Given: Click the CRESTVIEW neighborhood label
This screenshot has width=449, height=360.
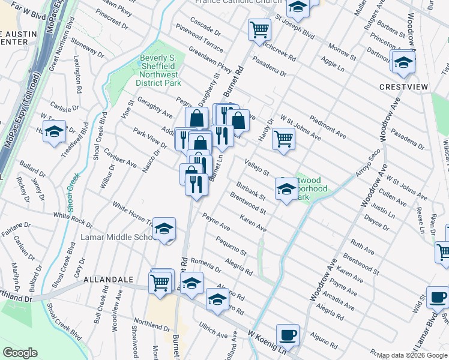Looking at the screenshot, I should (404, 87).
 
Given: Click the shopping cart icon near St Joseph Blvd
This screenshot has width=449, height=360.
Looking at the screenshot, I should (259, 28).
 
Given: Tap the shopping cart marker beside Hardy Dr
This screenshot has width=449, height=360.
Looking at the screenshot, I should (283, 138).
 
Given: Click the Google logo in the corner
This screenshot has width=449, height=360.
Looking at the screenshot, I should (20, 353).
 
